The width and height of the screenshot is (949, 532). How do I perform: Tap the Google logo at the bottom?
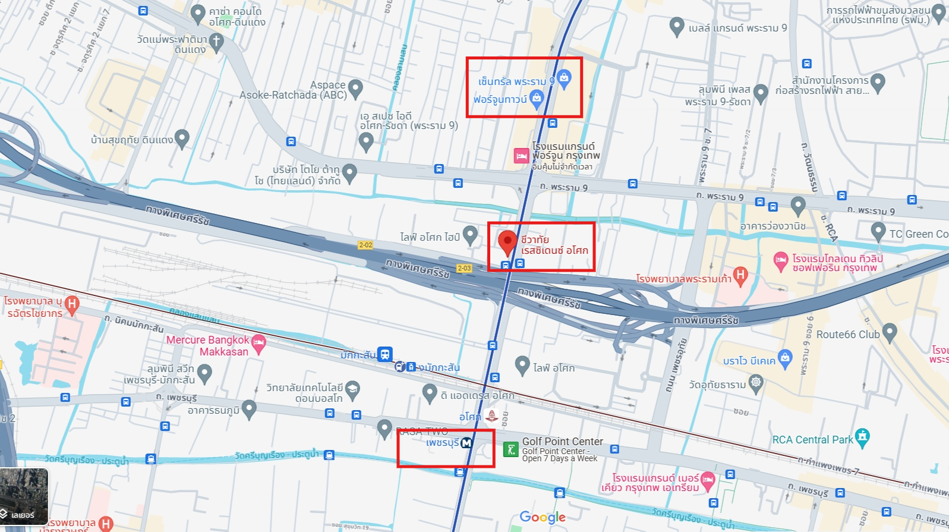[543, 517]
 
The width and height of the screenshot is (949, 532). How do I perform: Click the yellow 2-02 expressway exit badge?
[365, 245]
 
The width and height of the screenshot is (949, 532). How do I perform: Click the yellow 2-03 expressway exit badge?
[464, 268]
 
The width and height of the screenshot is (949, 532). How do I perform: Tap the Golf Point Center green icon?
[510, 449]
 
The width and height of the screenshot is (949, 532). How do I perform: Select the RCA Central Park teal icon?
[862, 438]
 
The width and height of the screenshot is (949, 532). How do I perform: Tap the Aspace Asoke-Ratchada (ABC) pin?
[355, 89]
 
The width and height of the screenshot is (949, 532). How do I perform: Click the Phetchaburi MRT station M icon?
[466, 443]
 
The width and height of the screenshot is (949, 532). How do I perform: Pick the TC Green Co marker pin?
[878, 231]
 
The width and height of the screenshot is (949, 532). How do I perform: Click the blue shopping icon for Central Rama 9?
[564, 78]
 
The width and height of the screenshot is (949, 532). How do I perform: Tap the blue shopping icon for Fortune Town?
[537, 98]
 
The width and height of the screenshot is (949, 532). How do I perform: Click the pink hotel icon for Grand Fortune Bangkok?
[521, 156]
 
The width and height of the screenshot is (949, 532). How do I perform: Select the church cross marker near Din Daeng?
[216, 42]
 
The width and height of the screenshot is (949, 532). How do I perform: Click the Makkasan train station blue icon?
[385, 354]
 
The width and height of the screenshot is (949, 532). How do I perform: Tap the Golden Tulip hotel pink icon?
[781, 260]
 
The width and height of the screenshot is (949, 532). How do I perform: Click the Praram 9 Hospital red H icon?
[740, 275]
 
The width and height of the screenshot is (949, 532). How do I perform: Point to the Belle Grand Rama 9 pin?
[676, 26]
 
